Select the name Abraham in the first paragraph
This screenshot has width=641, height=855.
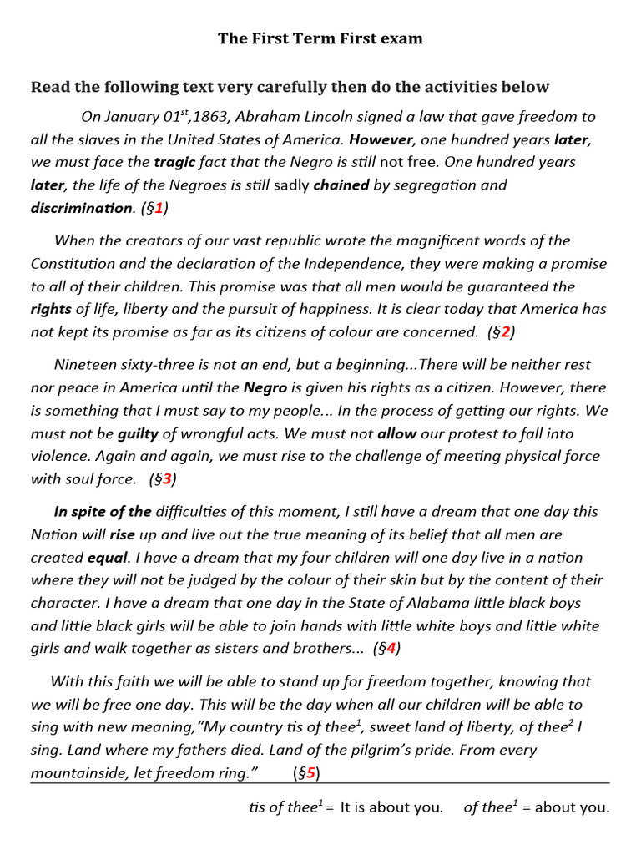click(260, 117)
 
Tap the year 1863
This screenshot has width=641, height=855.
click(193, 117)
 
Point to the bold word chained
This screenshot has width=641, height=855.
click(341, 185)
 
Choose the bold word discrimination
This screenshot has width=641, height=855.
click(82, 208)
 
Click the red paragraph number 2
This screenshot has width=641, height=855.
click(505, 332)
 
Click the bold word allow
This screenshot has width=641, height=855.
click(396, 433)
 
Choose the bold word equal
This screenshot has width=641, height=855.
click(108, 558)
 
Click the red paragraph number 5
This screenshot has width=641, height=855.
click(310, 773)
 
